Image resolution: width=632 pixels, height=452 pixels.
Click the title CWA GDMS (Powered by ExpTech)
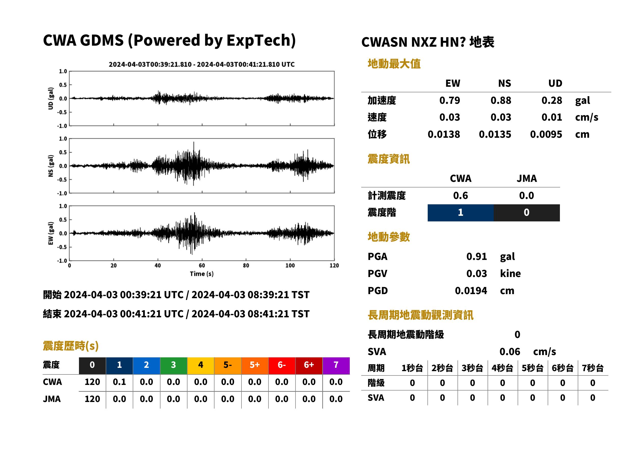click(x=169, y=41)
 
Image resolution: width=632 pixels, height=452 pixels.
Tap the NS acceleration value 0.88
click(x=501, y=101)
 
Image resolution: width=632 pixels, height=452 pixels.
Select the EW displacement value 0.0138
click(x=443, y=134)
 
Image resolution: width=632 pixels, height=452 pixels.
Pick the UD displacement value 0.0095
click(x=546, y=134)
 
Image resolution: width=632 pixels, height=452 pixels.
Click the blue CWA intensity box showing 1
click(x=461, y=213)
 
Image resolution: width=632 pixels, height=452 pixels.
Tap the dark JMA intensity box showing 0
click(x=527, y=213)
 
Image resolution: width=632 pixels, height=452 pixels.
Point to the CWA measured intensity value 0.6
click(x=461, y=196)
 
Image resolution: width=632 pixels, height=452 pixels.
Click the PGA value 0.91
click(x=476, y=257)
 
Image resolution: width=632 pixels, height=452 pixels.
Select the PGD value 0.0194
click(x=471, y=291)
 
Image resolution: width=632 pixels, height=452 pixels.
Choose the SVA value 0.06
click(x=510, y=352)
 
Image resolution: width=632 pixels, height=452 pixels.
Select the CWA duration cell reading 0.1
click(x=119, y=382)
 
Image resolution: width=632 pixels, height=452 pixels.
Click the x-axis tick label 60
click(x=202, y=266)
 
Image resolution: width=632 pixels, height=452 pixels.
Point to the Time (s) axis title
click(x=202, y=274)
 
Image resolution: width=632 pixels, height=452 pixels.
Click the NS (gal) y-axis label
click(x=51, y=166)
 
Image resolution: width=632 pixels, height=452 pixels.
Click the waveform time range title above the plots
click(x=201, y=64)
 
